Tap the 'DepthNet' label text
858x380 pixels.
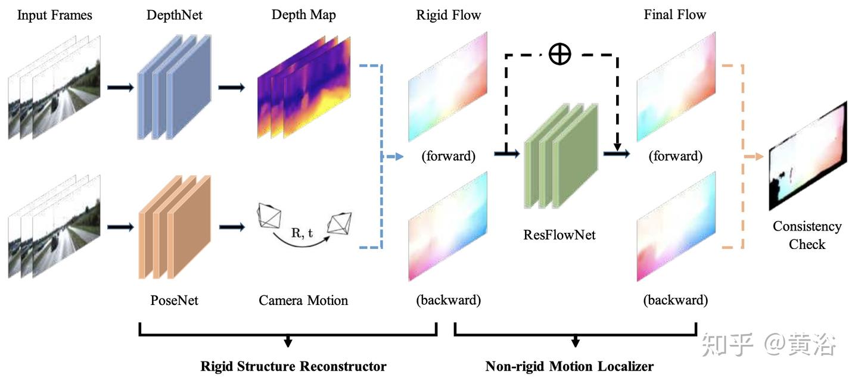point(175,15)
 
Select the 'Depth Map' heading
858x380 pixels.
point(303,15)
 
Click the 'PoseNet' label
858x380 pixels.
point(174,300)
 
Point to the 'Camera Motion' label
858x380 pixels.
point(303,300)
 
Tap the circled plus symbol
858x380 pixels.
point(559,54)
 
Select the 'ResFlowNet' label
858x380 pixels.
point(559,235)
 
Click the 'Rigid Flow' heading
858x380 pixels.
point(449,15)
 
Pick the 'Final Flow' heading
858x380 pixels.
point(674,15)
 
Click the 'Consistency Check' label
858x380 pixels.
point(807,235)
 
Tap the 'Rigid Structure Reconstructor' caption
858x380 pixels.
point(293,366)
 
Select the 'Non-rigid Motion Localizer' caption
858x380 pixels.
point(569,366)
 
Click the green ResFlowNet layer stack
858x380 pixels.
point(560,158)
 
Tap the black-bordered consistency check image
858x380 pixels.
point(807,157)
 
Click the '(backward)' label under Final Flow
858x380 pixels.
point(676,300)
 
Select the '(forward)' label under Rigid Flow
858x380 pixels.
point(448,157)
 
